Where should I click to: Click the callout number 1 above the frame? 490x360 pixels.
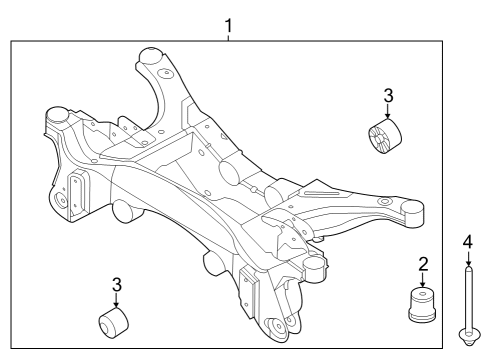coord(229,22)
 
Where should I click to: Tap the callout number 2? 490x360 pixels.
coord(423,264)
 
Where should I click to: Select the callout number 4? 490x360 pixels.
coord(466,240)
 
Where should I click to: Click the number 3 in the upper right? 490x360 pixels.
coord(389,96)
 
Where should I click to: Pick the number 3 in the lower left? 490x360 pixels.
coord(117,284)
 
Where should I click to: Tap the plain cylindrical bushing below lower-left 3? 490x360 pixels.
coord(112,324)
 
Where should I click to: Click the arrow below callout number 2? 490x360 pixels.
coord(423,280)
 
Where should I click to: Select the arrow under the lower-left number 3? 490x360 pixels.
coord(117,301)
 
